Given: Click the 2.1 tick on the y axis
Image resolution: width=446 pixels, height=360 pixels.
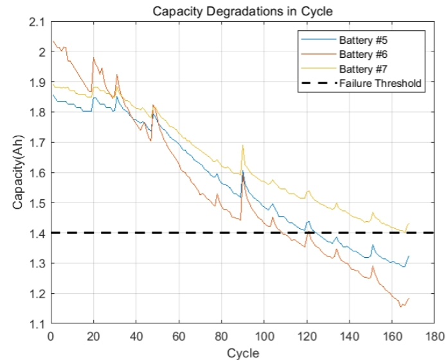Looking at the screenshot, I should point(37,22).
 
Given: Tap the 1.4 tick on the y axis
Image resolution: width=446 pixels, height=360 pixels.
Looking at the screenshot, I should point(37,233).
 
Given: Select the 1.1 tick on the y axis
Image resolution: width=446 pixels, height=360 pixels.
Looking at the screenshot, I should point(37,324).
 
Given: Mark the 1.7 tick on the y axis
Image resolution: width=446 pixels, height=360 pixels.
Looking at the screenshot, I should point(37,143).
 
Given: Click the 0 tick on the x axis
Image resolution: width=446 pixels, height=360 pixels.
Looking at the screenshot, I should point(51,336).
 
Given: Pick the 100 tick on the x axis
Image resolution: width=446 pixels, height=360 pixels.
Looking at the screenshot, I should point(264,336).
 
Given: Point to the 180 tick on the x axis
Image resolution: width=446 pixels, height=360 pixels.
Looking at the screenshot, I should point(435,336).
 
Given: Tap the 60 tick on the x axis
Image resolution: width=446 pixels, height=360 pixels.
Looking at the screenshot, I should point(179,336).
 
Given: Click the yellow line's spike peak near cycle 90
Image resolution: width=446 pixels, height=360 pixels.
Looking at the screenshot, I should point(243,145).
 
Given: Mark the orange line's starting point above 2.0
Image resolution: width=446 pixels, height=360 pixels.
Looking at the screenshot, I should point(53,42).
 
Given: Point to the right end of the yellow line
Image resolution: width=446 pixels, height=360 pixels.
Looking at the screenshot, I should point(409,224).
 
